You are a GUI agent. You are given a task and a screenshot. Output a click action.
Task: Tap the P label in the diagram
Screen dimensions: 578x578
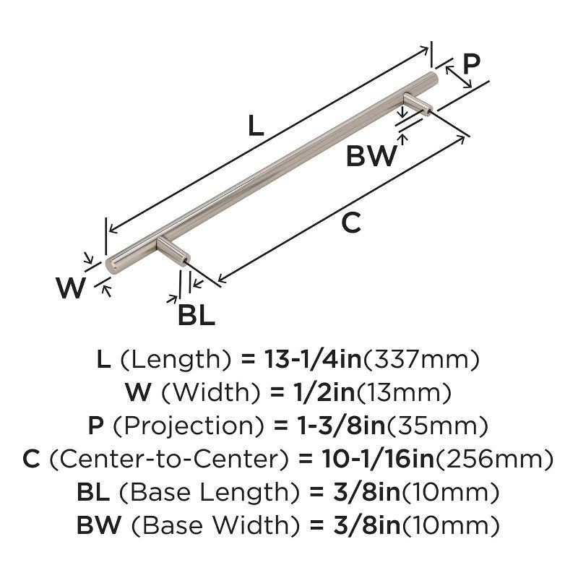471,65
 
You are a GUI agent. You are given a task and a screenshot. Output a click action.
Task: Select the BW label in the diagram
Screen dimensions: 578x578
372,156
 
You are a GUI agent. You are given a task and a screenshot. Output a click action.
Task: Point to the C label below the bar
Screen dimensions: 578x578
350,224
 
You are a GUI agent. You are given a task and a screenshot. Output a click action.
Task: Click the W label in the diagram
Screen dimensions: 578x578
72,289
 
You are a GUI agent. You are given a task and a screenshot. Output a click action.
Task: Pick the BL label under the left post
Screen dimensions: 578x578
196,316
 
